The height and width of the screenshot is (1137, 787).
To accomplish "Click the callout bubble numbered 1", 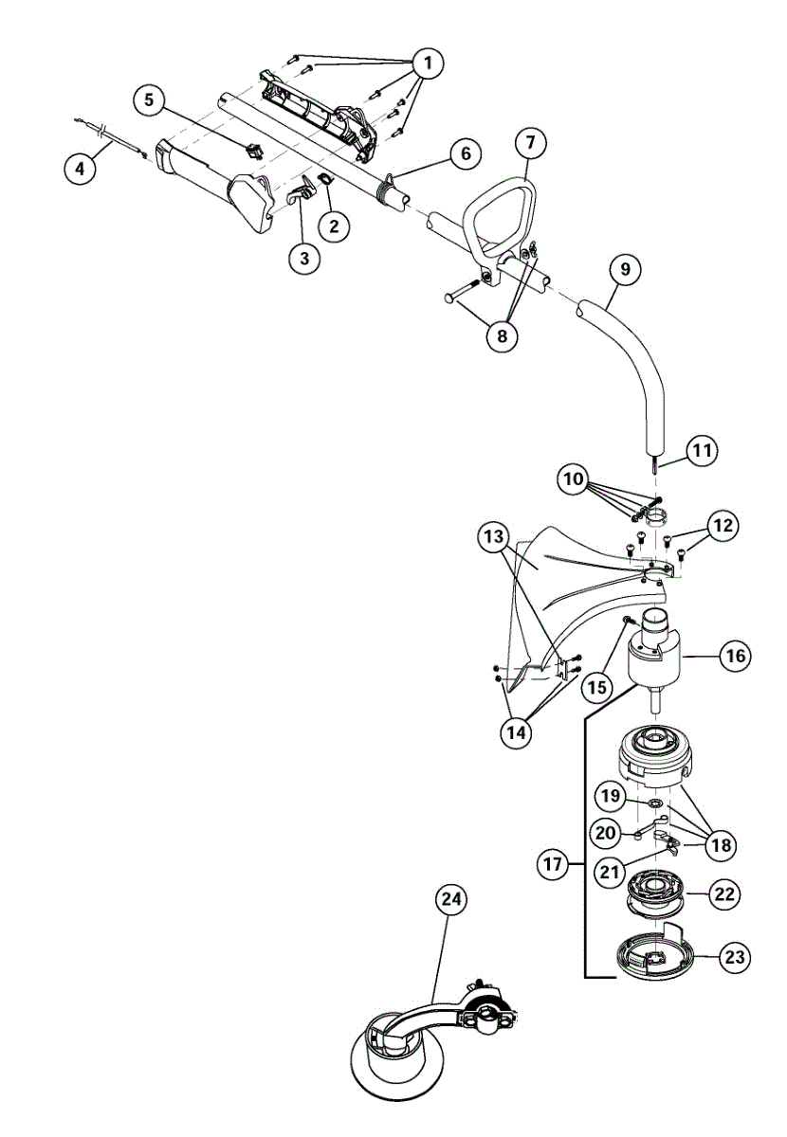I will coord(428,63).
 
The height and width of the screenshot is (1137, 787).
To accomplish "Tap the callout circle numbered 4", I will coord(81,169).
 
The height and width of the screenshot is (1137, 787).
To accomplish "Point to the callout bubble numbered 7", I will coord(529,144).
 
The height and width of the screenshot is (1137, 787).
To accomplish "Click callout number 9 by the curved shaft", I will coord(625,269).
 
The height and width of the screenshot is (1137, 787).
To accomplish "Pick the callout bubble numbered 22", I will coord(728,893).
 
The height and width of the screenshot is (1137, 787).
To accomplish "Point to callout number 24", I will coord(451,901).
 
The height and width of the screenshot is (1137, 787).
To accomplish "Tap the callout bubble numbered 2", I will coord(333,225).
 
